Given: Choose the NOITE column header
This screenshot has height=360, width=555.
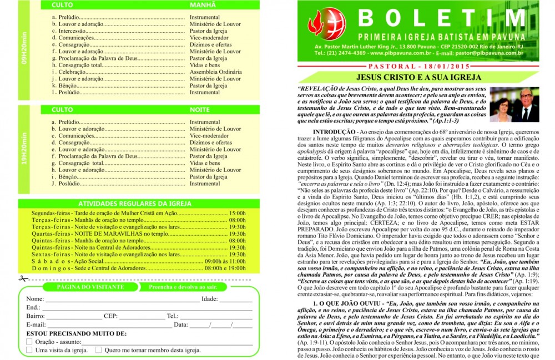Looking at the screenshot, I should click(200, 110).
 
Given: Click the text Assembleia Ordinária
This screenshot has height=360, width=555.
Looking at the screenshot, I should click(215, 72).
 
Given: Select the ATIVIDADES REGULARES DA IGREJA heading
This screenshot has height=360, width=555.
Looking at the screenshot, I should click(132, 204).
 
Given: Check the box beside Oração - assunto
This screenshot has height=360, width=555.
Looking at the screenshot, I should click(29, 342).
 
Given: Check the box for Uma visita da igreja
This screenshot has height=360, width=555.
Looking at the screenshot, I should click(29, 350).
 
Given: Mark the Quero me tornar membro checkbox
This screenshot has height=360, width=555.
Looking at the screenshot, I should click(98, 350).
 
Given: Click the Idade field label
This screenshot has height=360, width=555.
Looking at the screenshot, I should click(209, 299).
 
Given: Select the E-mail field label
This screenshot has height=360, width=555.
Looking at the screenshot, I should click(36, 324).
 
